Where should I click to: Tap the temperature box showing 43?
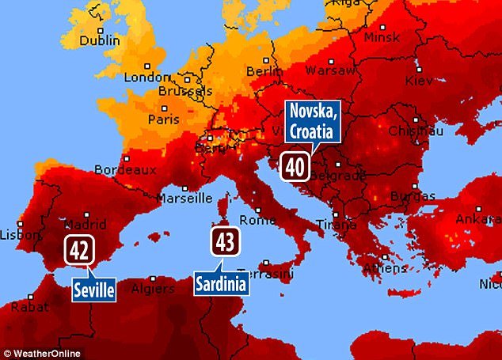point(225,241)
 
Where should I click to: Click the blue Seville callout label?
point(93,290)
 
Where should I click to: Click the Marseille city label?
point(184,197)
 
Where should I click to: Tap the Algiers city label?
point(151,288)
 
